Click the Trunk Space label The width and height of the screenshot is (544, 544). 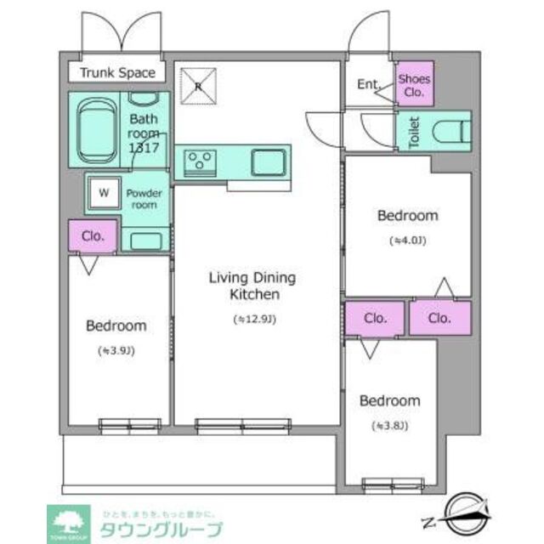[x=117, y=73]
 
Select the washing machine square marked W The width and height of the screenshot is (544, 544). [x=103, y=192]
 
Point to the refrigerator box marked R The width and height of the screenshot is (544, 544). [x=197, y=84]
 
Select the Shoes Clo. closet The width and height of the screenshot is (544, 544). [x=415, y=85]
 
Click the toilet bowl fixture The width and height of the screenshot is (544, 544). [x=450, y=132]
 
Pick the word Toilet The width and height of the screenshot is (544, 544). [x=414, y=133]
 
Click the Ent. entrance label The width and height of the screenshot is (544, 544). [x=367, y=84]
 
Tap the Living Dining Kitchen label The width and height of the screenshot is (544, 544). [x=252, y=286]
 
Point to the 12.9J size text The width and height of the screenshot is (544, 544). [x=254, y=320]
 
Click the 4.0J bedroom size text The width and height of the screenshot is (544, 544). [x=407, y=241]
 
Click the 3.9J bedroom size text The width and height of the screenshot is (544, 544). [x=116, y=350]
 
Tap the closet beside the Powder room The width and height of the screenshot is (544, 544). [x=93, y=236]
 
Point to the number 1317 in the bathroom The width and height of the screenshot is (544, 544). [x=144, y=147]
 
